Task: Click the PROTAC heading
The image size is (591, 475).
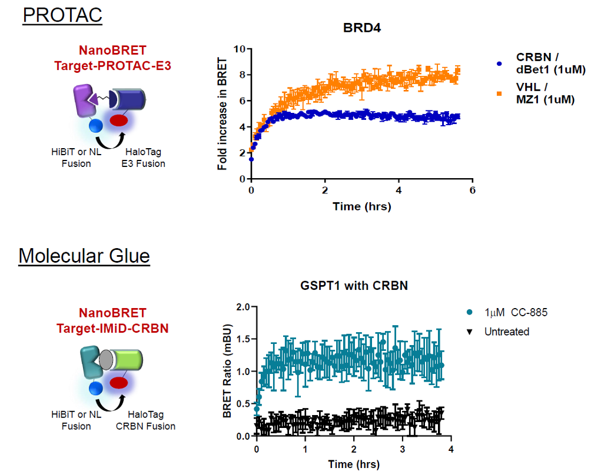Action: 62,15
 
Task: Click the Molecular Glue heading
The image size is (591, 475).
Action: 84,256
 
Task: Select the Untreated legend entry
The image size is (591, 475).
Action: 506,332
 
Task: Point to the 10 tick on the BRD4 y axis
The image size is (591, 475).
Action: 238,49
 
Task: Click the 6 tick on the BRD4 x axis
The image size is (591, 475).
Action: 472,190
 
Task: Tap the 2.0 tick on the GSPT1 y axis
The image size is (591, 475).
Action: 243,306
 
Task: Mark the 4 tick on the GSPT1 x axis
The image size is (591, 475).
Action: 450,449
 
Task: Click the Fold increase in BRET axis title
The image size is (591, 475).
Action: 222,113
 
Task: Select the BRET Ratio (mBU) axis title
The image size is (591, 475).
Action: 227,372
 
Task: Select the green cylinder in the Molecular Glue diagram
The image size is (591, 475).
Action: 126,360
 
